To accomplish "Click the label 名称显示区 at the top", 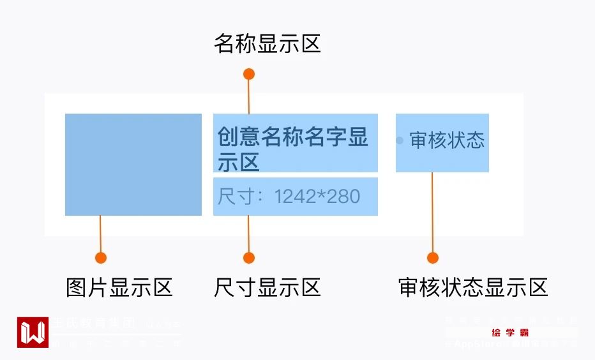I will point(267,44).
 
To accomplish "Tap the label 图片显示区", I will point(119,287).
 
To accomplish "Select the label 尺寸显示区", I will point(267,287).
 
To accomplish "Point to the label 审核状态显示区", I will point(472,287).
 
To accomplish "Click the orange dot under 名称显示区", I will point(249,74).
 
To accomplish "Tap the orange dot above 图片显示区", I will point(100,258).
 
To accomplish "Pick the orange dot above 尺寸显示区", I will point(249,258).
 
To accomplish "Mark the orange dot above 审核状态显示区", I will point(433,258).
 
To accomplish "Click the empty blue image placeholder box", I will point(133,165).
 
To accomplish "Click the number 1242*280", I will point(317,197).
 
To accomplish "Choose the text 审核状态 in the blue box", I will point(447,140).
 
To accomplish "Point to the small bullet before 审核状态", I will point(400,140).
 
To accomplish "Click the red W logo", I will point(33,332).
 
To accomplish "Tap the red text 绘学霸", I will point(510,333).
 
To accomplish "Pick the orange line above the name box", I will point(249,96).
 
